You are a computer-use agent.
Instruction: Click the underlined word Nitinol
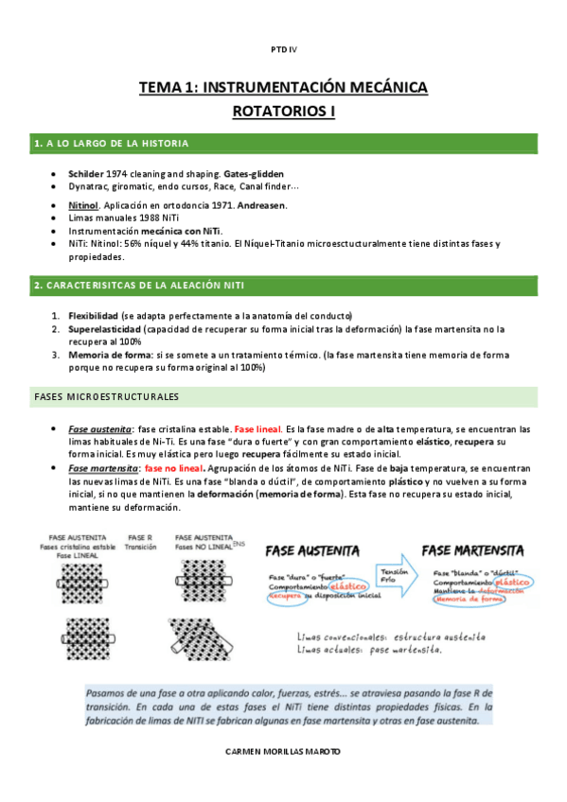pos(83,204)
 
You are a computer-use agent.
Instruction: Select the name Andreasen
pos(261,204)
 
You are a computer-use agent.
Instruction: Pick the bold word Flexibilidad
pos(93,316)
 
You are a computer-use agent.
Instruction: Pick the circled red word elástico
pos(336,588)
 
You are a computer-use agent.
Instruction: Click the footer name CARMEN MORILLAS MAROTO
pos(283,751)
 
